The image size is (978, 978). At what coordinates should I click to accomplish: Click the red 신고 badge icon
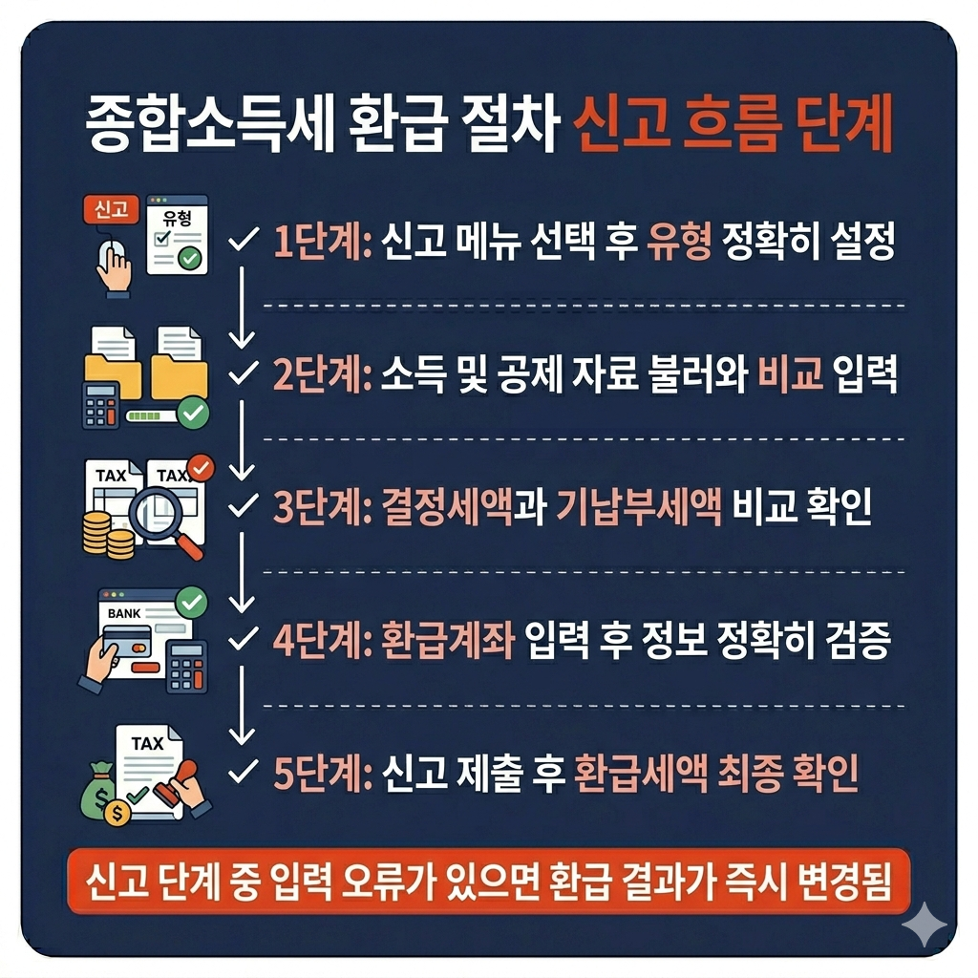point(111,209)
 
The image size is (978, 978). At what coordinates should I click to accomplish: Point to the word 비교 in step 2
point(790,374)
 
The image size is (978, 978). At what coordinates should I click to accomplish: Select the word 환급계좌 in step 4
point(448,640)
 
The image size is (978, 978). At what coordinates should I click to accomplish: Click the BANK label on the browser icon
point(124,614)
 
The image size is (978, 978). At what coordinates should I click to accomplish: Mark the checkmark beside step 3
point(244,505)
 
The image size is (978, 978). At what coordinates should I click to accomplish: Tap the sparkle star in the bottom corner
point(925,925)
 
